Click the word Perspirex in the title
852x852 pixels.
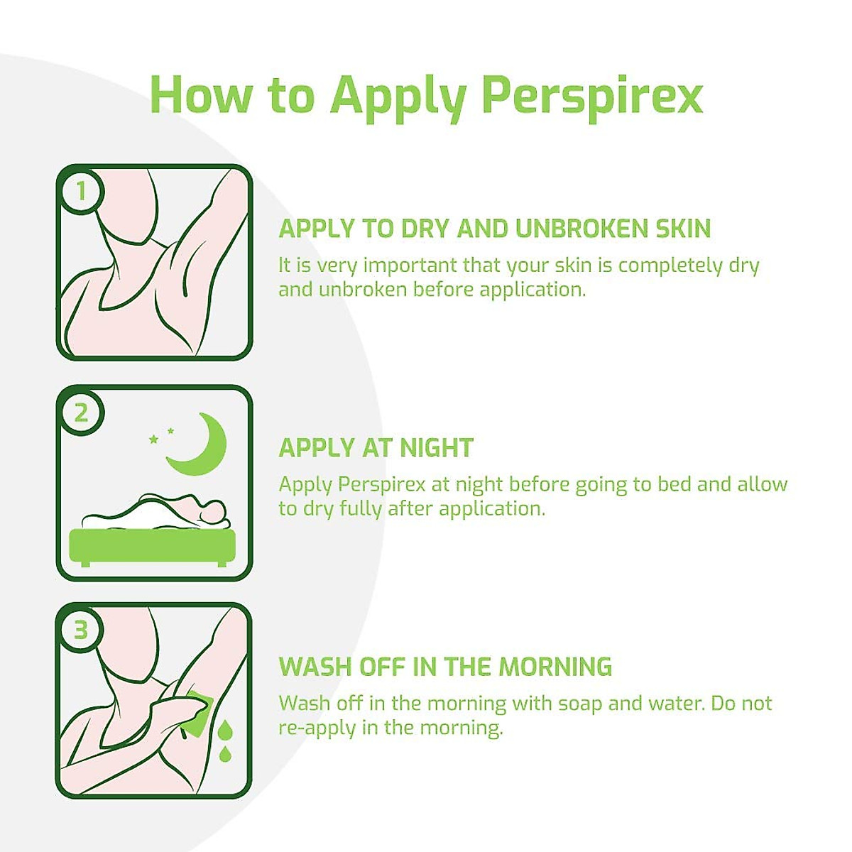(x=592, y=94)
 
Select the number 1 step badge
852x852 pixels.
(x=81, y=190)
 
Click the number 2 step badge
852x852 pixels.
(x=81, y=412)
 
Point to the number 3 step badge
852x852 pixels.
(x=81, y=629)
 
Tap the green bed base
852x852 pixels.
(x=153, y=546)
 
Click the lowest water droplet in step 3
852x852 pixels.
(x=225, y=753)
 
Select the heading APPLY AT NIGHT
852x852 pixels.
(x=376, y=448)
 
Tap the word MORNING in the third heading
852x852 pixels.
(x=555, y=667)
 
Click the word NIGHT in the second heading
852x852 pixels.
(x=436, y=448)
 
